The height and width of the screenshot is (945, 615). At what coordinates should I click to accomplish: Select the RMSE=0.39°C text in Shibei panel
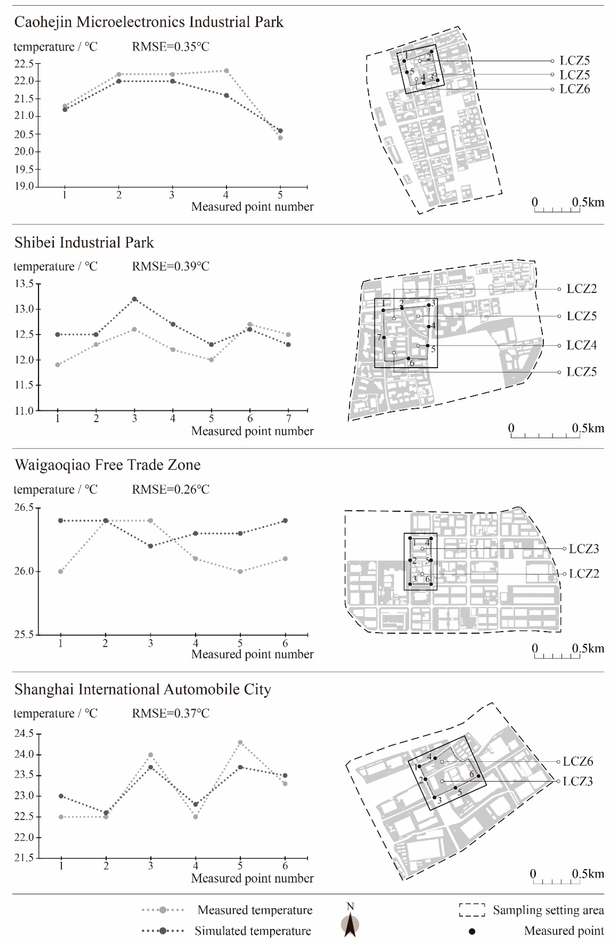click(x=171, y=267)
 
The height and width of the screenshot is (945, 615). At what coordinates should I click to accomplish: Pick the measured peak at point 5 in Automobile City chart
click(x=240, y=742)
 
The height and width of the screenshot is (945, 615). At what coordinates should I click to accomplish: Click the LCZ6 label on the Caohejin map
click(x=575, y=89)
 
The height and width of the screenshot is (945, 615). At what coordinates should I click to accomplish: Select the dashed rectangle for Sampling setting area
click(x=472, y=910)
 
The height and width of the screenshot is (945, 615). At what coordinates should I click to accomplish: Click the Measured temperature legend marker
click(x=163, y=910)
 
